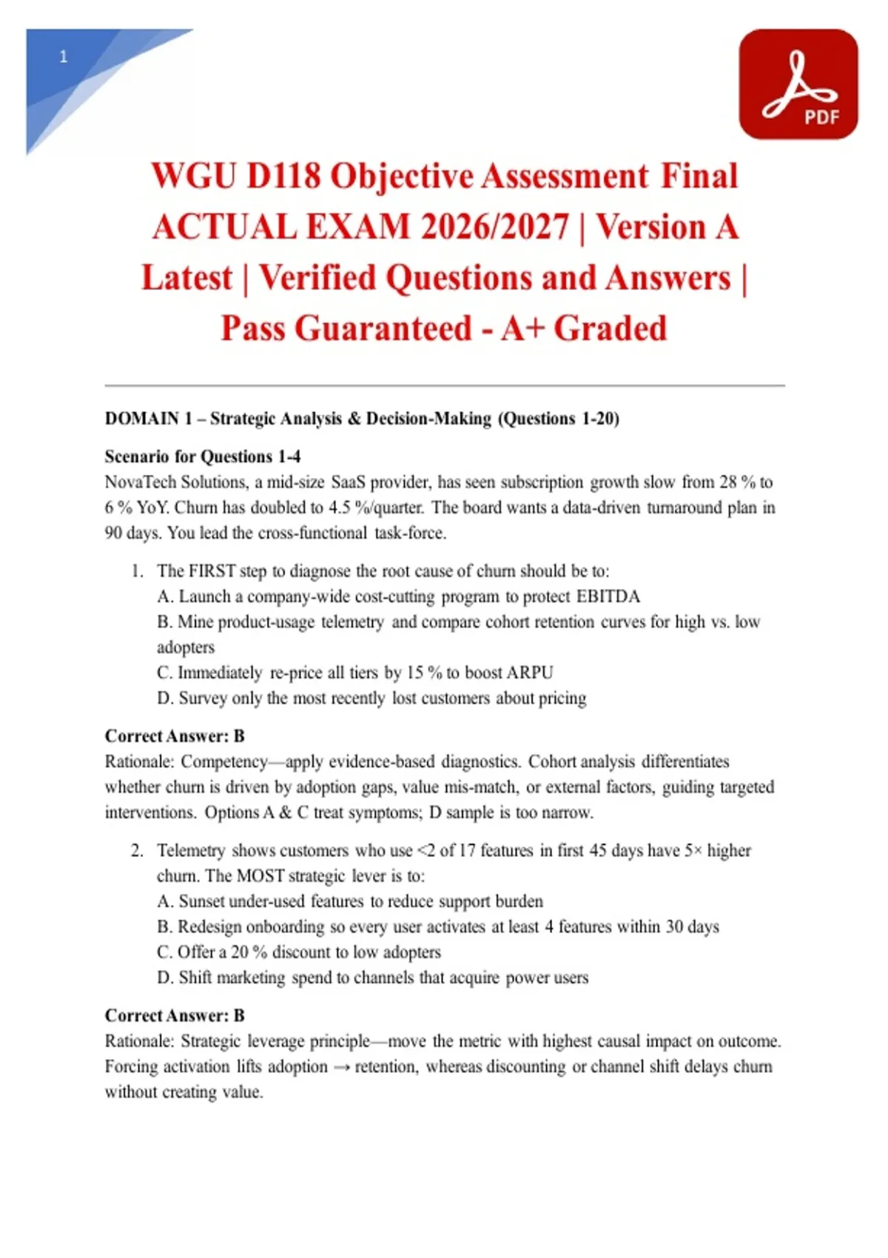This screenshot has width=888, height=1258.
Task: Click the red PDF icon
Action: click(x=798, y=84)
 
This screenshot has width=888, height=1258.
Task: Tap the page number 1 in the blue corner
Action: click(x=64, y=56)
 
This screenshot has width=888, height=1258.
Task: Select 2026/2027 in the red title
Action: click(x=495, y=226)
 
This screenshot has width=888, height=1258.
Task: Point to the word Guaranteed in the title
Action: click(x=383, y=328)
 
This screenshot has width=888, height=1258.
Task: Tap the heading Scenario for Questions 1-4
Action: click(x=202, y=457)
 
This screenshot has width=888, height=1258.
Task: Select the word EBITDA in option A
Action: click(x=608, y=596)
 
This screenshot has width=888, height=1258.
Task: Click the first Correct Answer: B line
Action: click(x=175, y=736)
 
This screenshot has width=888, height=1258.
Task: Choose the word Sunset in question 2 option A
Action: click(x=202, y=901)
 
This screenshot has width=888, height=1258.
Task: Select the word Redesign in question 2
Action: click(x=209, y=926)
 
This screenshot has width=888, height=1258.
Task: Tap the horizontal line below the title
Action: click(x=444, y=386)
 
